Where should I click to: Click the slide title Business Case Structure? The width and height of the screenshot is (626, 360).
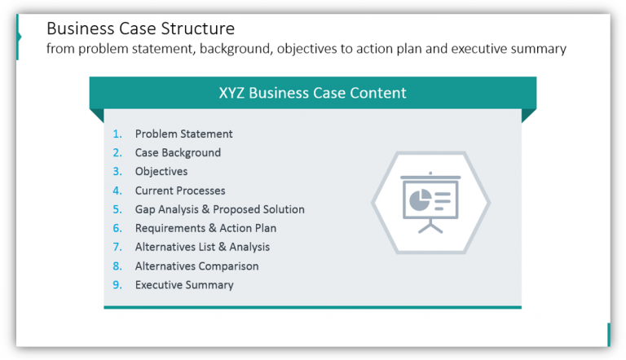point(140,29)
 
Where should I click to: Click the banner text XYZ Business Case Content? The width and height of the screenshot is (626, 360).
point(312,93)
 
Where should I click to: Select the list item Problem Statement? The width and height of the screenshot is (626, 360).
point(183,134)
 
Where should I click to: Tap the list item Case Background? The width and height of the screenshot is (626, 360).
point(178,152)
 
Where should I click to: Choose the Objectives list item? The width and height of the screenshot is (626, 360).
point(161,171)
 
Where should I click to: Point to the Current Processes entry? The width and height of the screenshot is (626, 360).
point(180,191)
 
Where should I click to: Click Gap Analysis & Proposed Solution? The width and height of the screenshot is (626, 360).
point(219,209)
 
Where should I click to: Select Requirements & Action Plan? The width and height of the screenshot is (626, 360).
point(205,228)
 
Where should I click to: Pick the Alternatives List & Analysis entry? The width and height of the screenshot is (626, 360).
point(202,247)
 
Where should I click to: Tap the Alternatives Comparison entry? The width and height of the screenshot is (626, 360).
point(196,266)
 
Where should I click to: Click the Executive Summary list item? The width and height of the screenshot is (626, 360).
point(184,285)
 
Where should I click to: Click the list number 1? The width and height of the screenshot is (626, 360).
point(117,134)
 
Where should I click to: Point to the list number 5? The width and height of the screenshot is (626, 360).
point(117,209)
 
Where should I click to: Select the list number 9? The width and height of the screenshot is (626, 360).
point(117,285)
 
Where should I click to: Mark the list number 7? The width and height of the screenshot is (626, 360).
point(117,247)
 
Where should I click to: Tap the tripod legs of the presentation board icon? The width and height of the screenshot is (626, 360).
point(430,226)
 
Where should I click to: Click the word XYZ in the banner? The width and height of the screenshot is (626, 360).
point(233,93)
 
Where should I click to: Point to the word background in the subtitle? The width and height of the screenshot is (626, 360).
point(232,49)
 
